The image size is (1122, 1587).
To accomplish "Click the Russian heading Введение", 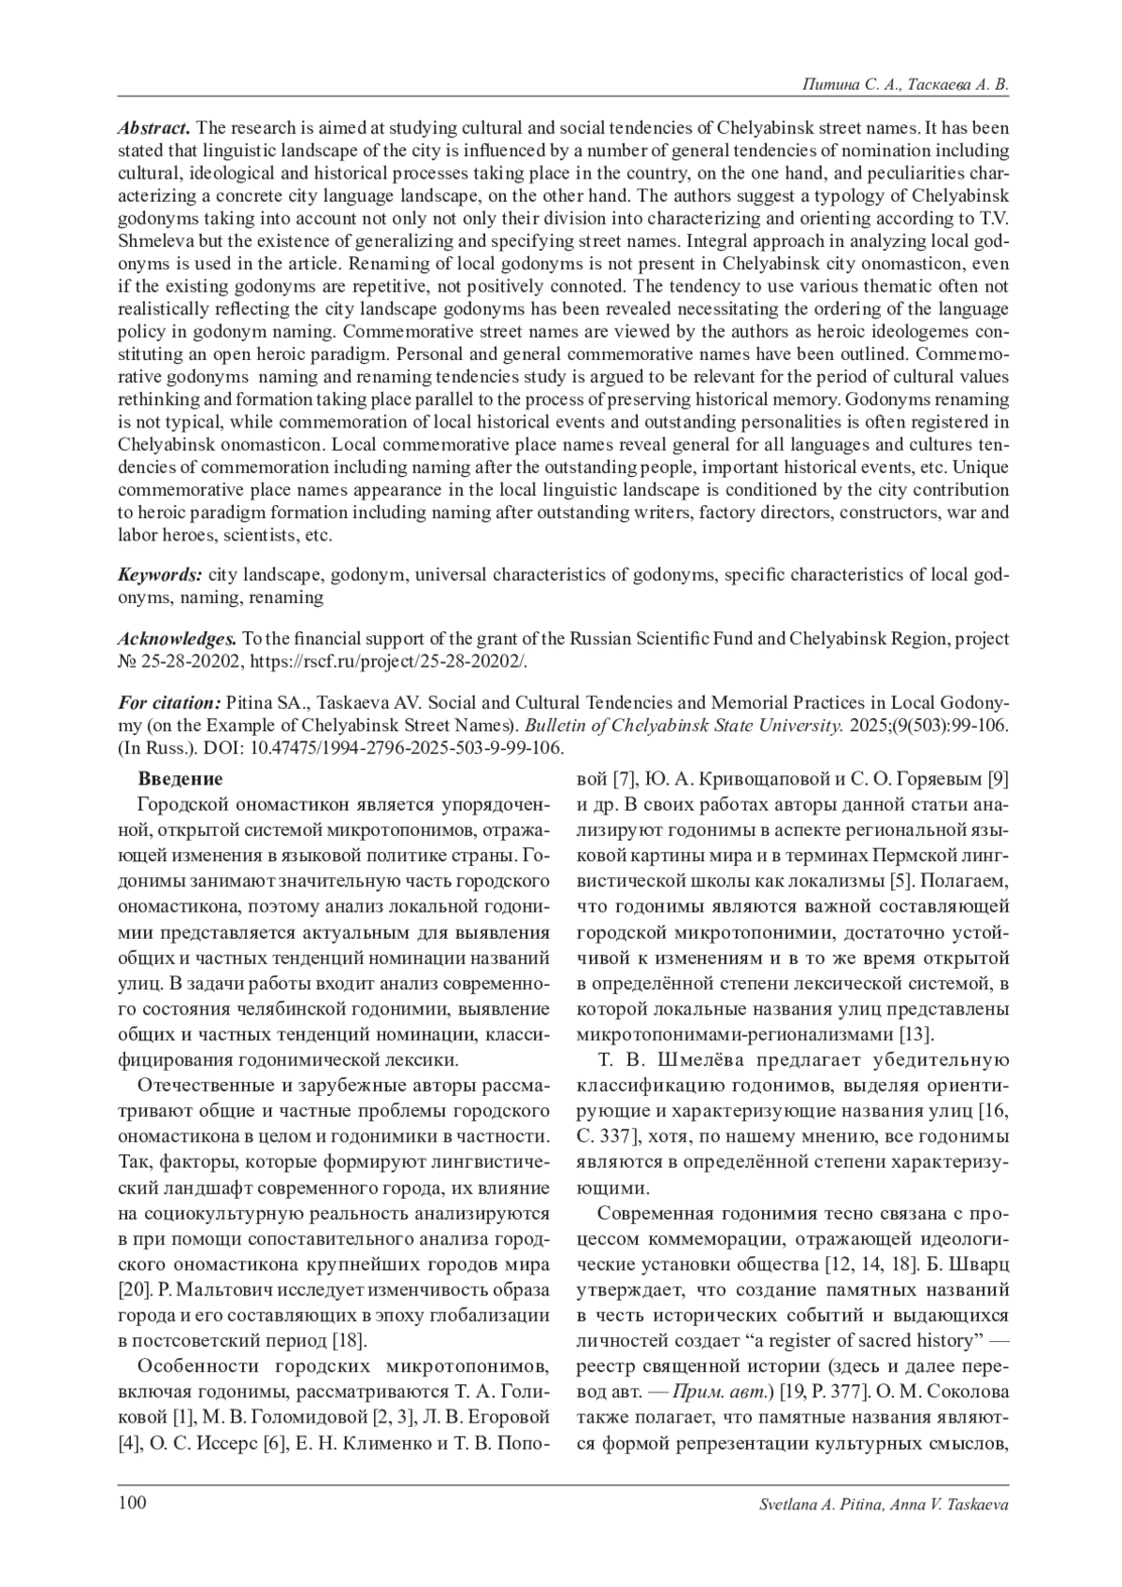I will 180,779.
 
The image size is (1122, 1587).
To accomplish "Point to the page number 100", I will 132,1503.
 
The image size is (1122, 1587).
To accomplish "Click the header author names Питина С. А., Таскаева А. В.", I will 905,85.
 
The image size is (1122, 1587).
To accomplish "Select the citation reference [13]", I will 915,1034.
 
